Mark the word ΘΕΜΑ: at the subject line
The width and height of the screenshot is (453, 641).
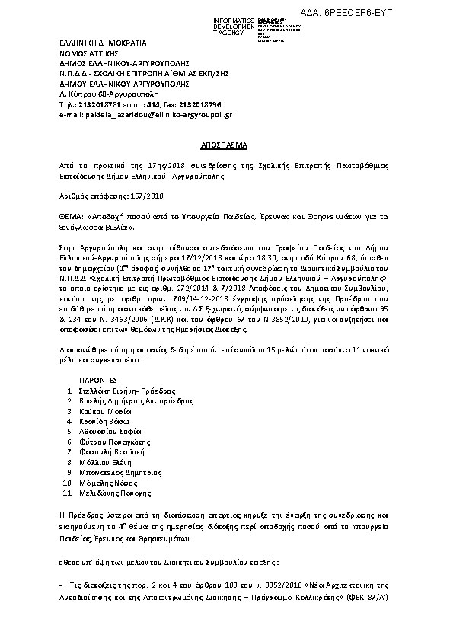click(x=73, y=216)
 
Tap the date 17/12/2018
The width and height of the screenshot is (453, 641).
click(x=206, y=257)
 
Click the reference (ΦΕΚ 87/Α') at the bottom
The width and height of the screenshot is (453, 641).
click(x=368, y=598)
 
